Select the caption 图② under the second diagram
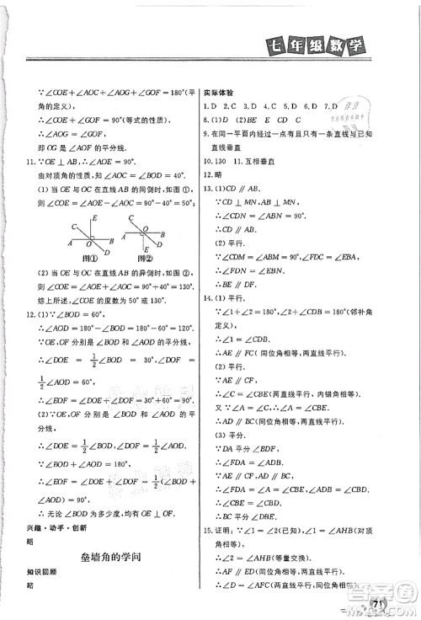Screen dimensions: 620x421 click(x=138, y=259)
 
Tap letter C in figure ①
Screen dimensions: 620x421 click(x=74, y=226)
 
